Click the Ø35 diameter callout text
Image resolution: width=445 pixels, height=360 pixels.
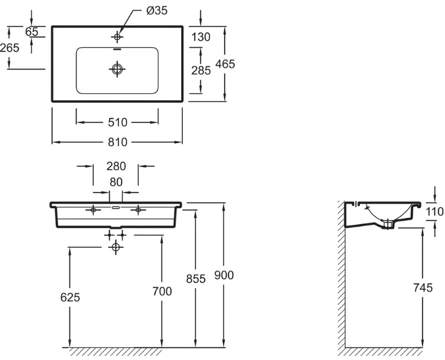click(157, 10)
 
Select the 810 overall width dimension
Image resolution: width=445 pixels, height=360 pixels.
click(117, 142)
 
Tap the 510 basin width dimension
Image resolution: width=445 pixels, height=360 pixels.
click(117, 122)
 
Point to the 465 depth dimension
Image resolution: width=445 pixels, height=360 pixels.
click(225, 64)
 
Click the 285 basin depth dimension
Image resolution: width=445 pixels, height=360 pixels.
click(201, 70)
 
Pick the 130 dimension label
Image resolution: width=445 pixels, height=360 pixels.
click(201, 37)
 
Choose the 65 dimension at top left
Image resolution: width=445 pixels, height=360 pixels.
click(32, 32)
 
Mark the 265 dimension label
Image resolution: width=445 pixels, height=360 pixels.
click(10, 48)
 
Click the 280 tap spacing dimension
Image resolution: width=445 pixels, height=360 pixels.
click(116, 166)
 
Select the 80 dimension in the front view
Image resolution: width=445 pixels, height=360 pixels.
click(116, 182)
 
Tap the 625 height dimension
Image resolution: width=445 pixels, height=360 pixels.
click(70, 297)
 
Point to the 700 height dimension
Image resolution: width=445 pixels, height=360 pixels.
click(162, 292)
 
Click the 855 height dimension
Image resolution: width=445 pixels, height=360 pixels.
click(196, 279)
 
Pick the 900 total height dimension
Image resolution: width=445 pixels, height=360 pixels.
click(224, 275)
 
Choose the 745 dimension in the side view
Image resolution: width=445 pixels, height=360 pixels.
click(423, 288)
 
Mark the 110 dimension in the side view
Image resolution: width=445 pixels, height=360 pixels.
click(435, 212)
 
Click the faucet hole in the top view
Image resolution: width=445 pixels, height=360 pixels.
click(117, 37)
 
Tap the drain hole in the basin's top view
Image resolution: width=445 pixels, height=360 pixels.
click(117, 68)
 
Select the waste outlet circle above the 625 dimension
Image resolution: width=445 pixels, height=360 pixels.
click(116, 247)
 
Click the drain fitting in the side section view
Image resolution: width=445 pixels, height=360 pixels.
click(388, 224)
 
